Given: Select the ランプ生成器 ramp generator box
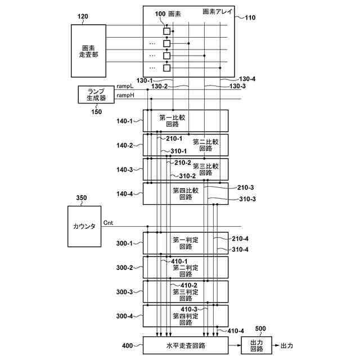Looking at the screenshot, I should point(96,94).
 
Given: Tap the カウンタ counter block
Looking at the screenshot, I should point(84,226).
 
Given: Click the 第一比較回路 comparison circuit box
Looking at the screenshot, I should point(186,121).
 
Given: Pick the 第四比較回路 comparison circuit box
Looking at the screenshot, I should point(186,193).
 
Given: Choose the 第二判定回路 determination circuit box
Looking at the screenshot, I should point(186,267).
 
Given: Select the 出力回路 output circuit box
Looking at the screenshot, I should point(256,345).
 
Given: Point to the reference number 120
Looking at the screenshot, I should point(83,17).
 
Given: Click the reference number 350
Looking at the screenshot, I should point(82,198).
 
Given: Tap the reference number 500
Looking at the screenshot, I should point(260,328).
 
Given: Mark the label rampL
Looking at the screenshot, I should point(125,86).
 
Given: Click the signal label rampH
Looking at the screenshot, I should point(125,96).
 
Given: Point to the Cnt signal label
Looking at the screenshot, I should point(108,223).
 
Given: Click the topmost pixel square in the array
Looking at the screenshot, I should point(166,31).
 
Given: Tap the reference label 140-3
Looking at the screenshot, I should point(124,169).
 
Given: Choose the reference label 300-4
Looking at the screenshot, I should point(124,316).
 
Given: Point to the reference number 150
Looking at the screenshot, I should point(96,111).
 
